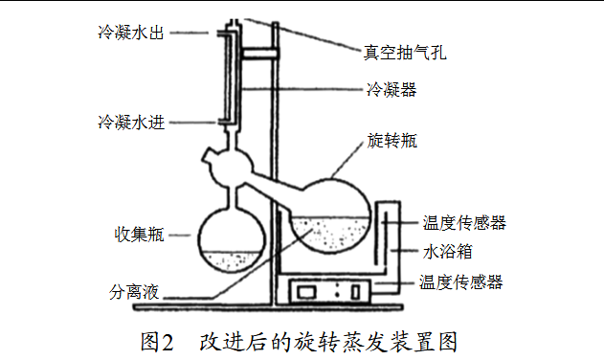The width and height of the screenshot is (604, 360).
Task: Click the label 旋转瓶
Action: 391,141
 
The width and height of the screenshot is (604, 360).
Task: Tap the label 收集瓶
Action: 139,234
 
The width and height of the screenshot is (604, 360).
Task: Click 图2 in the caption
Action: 154,340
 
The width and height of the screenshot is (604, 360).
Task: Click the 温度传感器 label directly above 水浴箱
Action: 464,223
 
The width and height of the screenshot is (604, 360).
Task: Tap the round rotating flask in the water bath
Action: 331,211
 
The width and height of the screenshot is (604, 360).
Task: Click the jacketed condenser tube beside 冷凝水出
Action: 227,77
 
